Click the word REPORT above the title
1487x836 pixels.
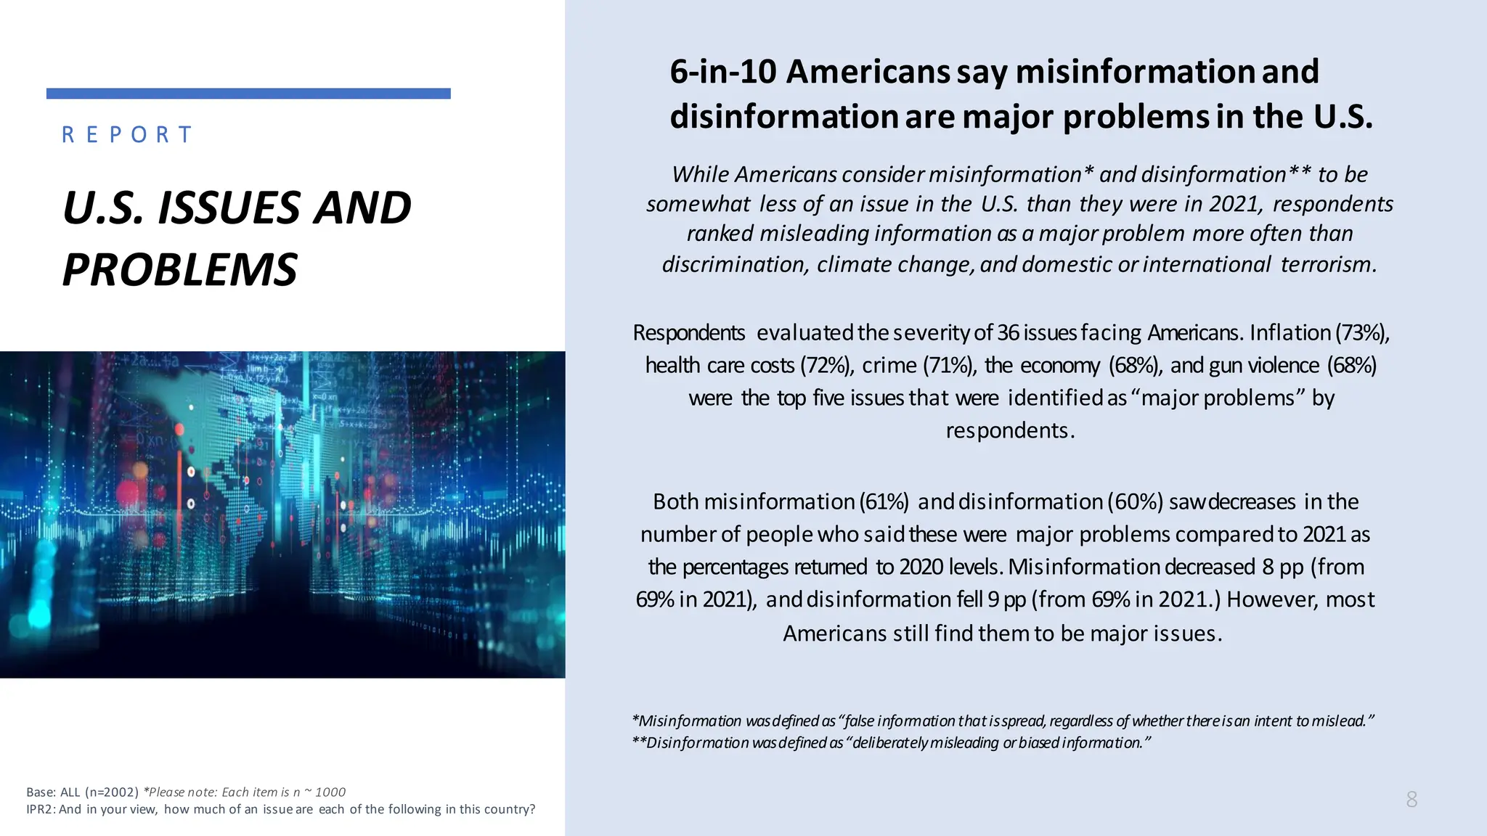127,135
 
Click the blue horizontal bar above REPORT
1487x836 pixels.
248,94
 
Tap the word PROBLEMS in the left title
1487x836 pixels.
180,270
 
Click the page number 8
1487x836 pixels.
1411,799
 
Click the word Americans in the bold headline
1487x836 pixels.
868,72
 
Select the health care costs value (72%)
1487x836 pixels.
826,365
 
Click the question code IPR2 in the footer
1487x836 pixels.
40,809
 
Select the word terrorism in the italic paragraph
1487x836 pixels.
1328,264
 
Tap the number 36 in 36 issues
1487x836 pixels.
1008,332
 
